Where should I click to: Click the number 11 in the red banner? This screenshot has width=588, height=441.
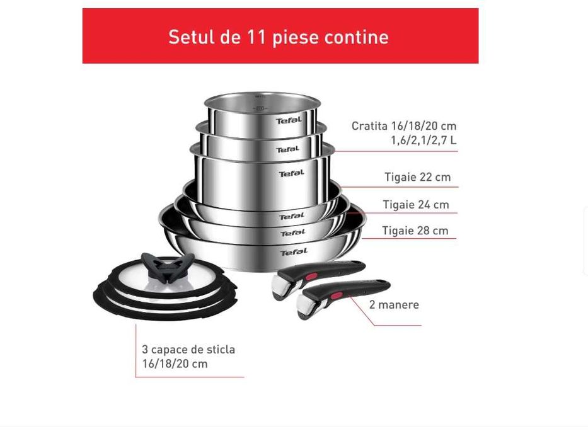258,37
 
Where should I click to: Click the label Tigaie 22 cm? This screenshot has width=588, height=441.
417,177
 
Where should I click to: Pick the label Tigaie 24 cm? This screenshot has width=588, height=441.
416,204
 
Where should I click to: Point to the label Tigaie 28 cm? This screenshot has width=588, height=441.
415,231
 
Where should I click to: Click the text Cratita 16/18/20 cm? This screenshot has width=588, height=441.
404,125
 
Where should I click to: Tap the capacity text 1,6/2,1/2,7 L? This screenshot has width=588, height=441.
424,140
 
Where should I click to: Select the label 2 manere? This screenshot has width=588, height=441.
394,304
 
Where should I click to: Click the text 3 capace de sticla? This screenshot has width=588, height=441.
188,349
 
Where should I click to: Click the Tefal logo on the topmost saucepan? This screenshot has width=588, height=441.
288,120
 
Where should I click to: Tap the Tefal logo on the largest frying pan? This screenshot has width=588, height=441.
294,252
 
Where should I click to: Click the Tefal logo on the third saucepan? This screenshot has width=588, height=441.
291,173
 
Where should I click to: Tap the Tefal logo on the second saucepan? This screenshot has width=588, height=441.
287,149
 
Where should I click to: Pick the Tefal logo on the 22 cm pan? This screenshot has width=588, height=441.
292,216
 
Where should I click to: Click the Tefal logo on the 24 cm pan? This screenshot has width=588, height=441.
292,233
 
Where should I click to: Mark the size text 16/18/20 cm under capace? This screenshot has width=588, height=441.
175,364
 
